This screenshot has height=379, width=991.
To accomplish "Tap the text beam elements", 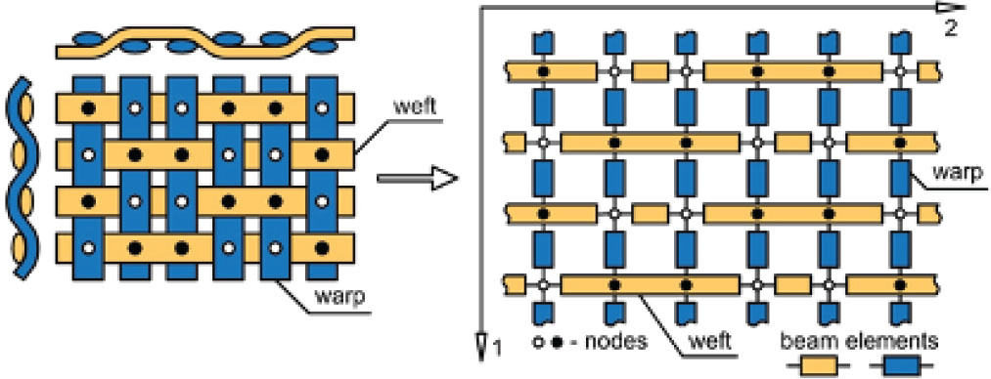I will click(x=861, y=342).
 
